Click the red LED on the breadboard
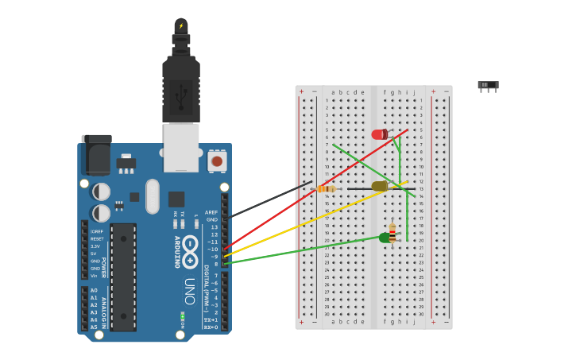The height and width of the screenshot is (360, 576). click(x=379, y=134)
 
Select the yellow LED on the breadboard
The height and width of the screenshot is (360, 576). click(x=379, y=186)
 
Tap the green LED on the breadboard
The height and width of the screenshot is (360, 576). click(x=385, y=238)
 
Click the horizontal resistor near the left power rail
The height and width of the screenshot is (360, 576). click(x=326, y=188)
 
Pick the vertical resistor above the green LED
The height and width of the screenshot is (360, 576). click(x=392, y=230)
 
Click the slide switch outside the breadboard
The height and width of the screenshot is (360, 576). click(x=488, y=85)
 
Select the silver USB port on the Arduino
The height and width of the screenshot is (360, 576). click(x=181, y=147)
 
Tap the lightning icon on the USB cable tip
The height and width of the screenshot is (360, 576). click(x=181, y=26)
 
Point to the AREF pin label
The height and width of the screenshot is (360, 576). click(x=211, y=212)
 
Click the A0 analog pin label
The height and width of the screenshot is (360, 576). click(x=94, y=291)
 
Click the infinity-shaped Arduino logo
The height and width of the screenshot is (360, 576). click(x=190, y=250)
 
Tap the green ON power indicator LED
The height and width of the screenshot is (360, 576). click(x=182, y=316)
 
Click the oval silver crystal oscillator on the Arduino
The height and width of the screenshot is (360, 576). click(x=153, y=196)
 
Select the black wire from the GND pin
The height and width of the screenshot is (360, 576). click(x=266, y=200)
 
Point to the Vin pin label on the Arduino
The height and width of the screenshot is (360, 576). click(x=94, y=276)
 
